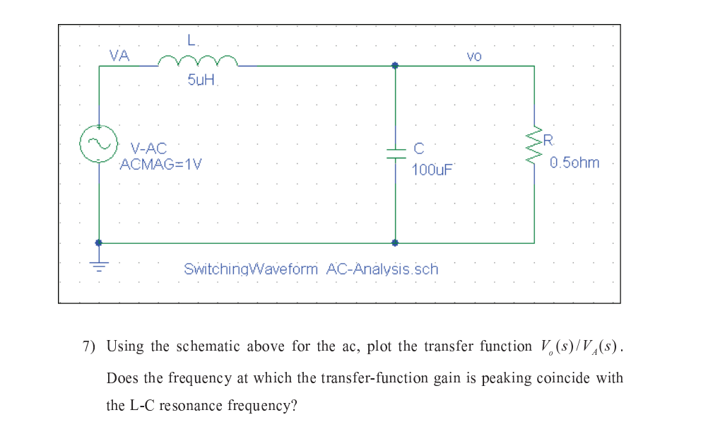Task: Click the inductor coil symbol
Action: tap(198, 62)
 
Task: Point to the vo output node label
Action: tap(474, 56)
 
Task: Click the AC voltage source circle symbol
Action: tap(98, 144)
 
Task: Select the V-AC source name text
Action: tap(149, 148)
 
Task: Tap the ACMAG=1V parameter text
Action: tap(161, 165)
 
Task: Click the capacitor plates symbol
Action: tap(395, 154)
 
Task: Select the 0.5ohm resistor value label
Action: tap(574, 163)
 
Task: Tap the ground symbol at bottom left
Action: tap(98, 265)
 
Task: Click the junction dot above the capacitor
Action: tap(395, 66)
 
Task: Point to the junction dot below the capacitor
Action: tap(395, 242)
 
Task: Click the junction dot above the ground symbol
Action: tap(98, 242)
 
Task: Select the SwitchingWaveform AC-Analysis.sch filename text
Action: tap(311, 269)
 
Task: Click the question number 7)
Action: tap(90, 347)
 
